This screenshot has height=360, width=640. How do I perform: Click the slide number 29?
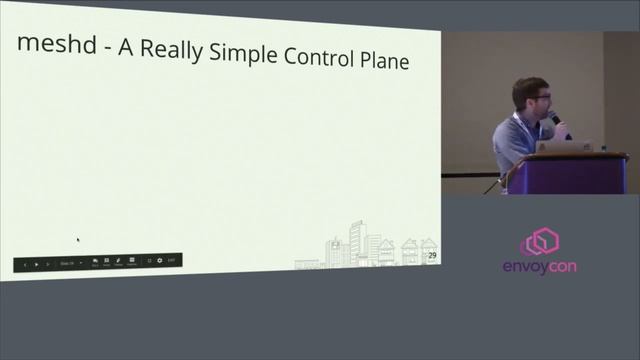(x=432, y=256)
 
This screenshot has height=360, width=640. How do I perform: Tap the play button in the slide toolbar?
(x=37, y=264)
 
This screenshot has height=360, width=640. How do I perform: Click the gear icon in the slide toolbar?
(x=159, y=261)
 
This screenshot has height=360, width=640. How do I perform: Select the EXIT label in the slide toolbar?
(x=172, y=261)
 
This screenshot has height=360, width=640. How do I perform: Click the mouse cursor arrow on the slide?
(x=78, y=239)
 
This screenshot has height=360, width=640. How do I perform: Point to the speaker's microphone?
(x=556, y=119)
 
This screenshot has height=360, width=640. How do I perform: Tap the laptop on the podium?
(x=563, y=146)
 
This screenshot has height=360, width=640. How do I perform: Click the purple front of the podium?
(x=567, y=174)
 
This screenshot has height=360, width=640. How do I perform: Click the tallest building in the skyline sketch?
(x=358, y=243)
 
